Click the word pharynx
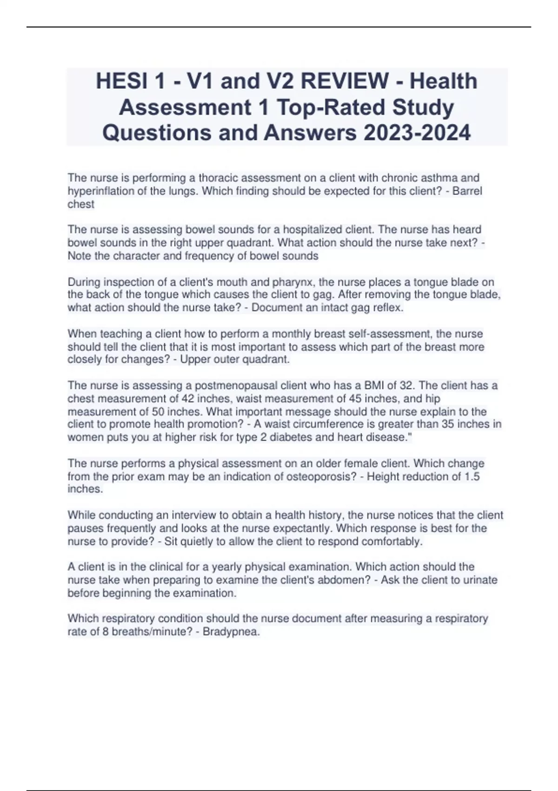[292, 282]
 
